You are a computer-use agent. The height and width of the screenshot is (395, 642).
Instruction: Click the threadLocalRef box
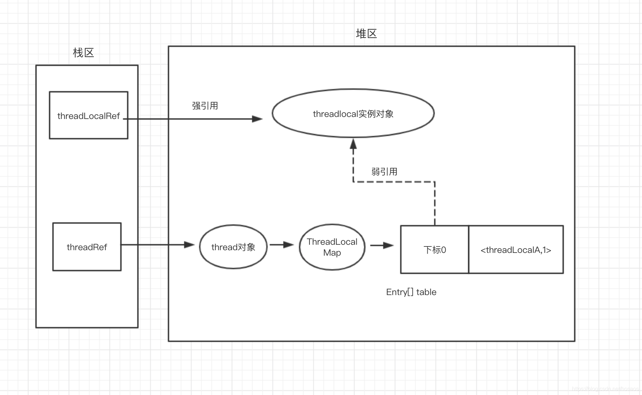tap(88, 115)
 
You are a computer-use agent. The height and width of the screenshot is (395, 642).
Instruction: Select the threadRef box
tap(87, 247)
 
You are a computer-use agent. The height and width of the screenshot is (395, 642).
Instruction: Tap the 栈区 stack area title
tap(83, 53)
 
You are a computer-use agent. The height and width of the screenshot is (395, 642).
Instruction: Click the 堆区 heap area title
tap(366, 34)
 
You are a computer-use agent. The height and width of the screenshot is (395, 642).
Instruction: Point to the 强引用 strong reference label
tap(205, 106)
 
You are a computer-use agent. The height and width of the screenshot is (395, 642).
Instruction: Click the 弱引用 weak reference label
tap(384, 172)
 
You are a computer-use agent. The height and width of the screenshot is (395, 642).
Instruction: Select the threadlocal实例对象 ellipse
tap(353, 114)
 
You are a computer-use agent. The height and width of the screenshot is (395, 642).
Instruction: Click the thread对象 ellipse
tap(233, 247)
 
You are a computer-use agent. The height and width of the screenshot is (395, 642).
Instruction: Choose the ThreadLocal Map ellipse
tap(332, 247)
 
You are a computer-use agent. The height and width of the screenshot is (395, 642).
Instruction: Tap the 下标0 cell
tap(434, 250)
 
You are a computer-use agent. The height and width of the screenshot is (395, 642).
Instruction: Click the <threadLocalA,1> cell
tap(516, 250)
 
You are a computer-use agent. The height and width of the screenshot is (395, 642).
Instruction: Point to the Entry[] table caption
tap(411, 292)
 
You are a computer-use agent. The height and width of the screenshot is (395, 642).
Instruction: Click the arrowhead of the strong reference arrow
tap(257, 119)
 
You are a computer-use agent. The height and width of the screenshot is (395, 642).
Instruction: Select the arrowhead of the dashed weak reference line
tap(353, 144)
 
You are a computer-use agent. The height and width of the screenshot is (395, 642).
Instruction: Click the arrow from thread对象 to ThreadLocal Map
tap(282, 245)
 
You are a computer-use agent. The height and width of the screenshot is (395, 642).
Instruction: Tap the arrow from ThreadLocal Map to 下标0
tap(382, 245)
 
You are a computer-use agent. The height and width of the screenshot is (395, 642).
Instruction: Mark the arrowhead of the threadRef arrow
tap(189, 245)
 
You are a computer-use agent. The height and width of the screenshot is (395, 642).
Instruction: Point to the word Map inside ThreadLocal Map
tap(332, 253)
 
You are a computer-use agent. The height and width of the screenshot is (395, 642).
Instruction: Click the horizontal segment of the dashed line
tap(394, 182)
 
